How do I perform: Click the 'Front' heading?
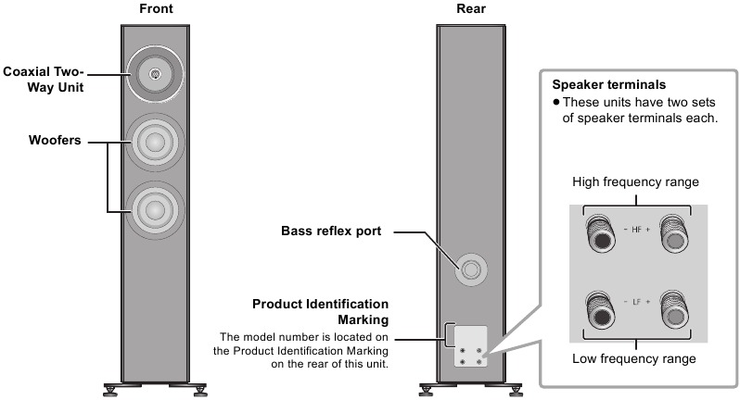(156, 8)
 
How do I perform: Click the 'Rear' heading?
(470, 8)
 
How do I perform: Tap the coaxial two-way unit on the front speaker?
(155, 74)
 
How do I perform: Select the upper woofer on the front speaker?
(155, 142)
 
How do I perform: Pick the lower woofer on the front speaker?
(155, 210)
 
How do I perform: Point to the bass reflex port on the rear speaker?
(470, 269)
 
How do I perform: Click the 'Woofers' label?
(55, 140)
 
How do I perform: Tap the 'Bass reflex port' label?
(331, 231)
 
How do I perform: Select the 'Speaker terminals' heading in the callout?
(609, 85)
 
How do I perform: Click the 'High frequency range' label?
(635, 181)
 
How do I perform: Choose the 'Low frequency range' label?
(633, 358)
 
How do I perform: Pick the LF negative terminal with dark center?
(600, 310)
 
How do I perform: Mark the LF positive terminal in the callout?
(674, 310)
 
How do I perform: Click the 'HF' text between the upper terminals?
(637, 230)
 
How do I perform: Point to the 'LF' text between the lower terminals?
(637, 302)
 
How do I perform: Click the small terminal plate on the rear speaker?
(470, 345)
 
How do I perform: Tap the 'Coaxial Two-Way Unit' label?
(44, 79)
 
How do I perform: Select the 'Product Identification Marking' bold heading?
(321, 311)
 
